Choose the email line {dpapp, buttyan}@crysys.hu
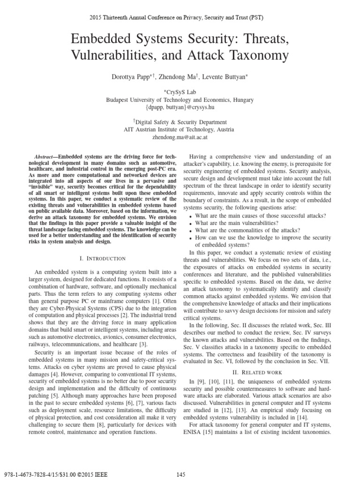(x=180, y=108)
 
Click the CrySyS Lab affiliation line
(x=180, y=91)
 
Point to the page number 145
(x=181, y=474)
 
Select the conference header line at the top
(x=180, y=18)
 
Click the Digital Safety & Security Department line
(x=180, y=122)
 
